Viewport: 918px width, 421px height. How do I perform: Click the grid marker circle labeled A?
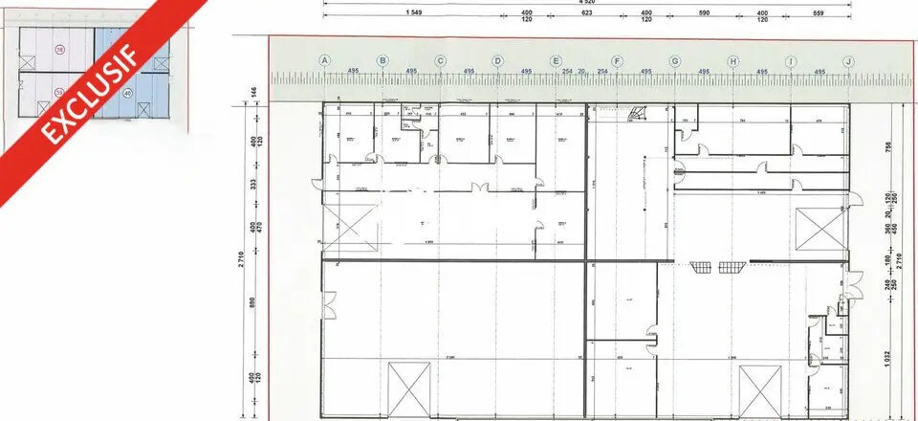pos(325,61)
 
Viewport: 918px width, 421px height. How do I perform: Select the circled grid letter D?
pos(497,61)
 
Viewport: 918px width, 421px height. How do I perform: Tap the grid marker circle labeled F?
pos(617,61)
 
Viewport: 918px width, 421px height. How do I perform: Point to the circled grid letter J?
pos(848,61)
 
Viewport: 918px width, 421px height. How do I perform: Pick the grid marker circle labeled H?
pos(732,61)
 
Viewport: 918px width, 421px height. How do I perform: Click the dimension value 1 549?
pos(413,12)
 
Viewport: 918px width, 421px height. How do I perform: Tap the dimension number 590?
pos(704,12)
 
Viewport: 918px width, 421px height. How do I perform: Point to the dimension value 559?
pos(819,12)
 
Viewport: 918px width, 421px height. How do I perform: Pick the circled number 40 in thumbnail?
pos(127,94)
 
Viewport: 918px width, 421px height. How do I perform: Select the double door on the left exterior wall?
pos(327,307)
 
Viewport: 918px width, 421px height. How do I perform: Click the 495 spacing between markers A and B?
pos(353,72)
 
